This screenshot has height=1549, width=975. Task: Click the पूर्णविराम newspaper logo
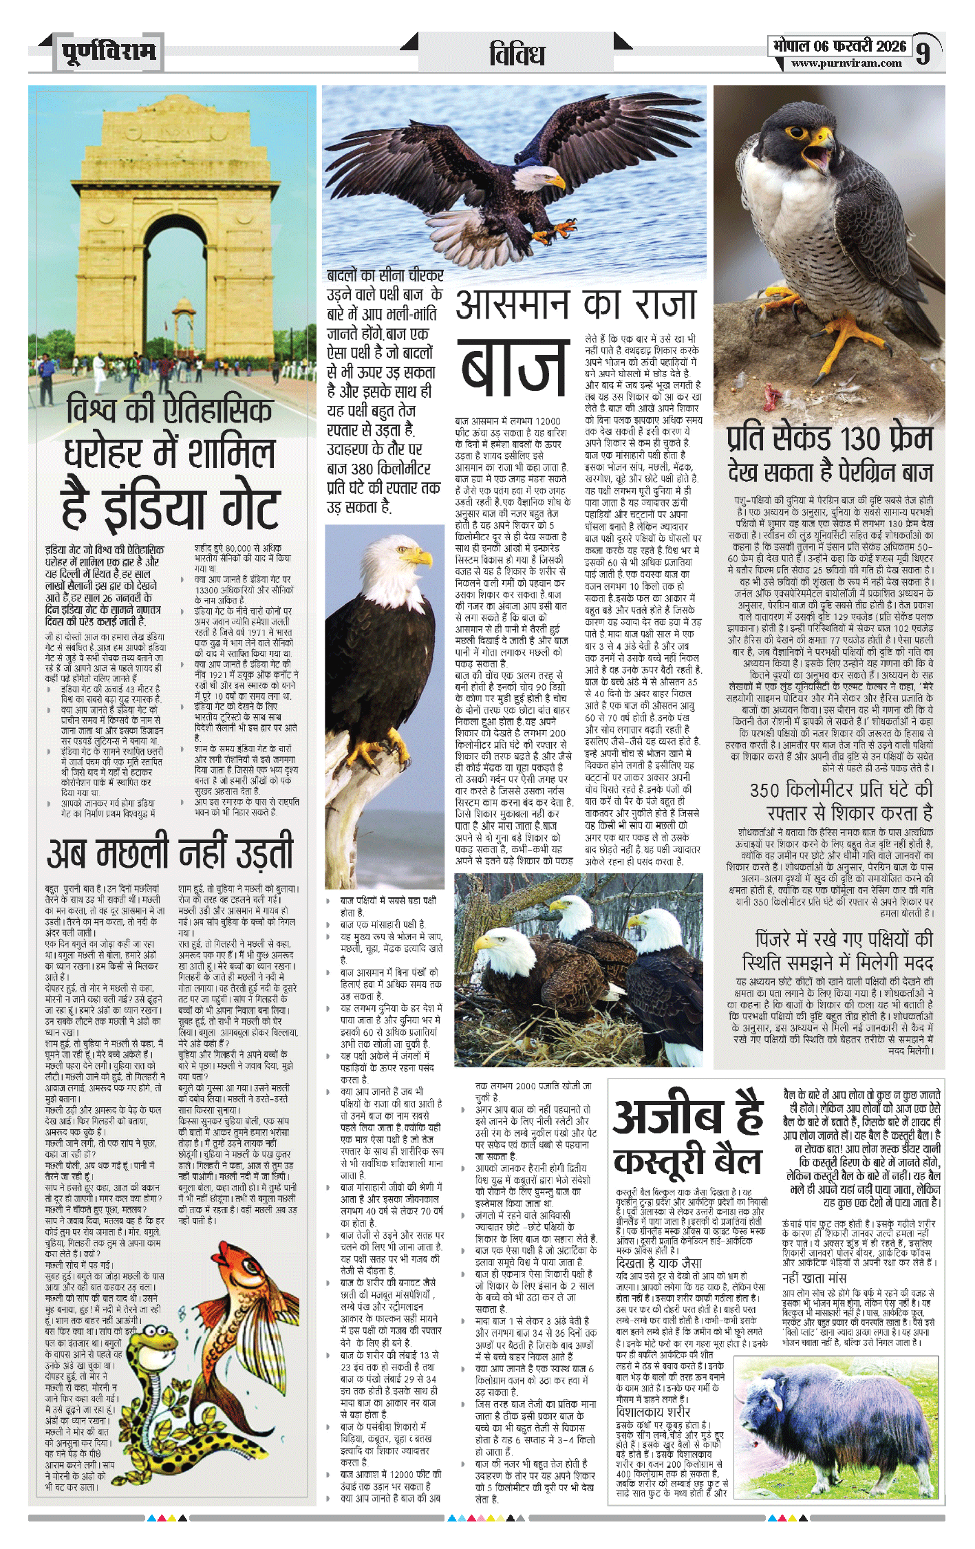[109, 52]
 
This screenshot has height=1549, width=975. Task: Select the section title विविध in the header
[517, 54]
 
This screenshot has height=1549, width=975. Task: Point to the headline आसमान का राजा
[577, 305]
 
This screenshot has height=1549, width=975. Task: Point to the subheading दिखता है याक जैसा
[658, 1263]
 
